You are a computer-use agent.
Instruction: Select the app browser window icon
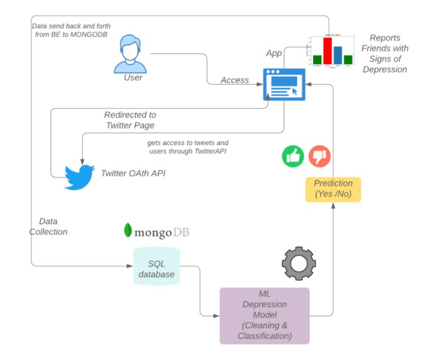(283, 84)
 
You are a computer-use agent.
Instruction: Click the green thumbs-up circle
(293, 156)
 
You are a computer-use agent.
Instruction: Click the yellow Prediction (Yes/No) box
(333, 189)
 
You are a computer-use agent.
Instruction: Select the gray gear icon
(299, 263)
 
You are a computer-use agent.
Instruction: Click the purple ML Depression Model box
(265, 315)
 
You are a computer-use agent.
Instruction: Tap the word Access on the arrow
(234, 80)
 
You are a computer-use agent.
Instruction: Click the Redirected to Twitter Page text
(130, 120)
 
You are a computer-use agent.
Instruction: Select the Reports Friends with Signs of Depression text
(385, 53)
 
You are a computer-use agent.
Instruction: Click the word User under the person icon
(133, 77)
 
